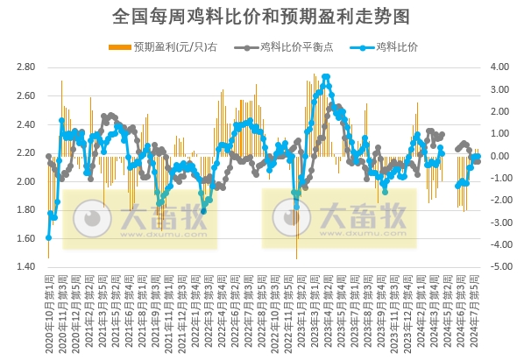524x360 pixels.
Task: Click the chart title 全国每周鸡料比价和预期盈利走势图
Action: pos(262,16)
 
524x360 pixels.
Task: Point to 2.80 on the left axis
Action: pos(25,67)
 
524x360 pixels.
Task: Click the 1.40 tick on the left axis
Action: pos(25,267)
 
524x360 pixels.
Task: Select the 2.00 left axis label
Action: pos(25,181)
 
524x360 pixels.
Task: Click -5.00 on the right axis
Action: pos(499,267)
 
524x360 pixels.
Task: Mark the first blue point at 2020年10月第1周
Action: pos(48,237)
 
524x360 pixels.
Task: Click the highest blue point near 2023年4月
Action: pos(326,77)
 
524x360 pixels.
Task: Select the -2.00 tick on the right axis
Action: pos(499,201)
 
